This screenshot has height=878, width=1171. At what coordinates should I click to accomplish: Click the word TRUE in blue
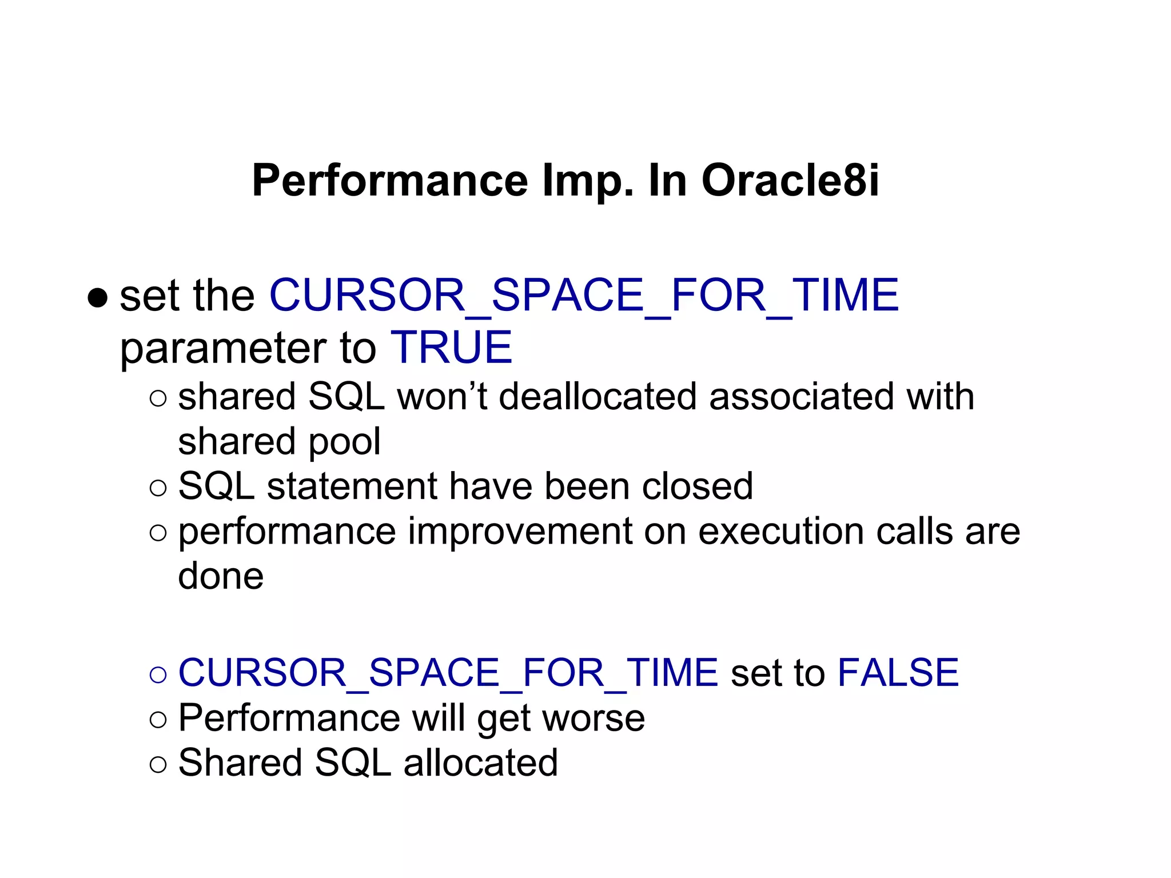pos(451,348)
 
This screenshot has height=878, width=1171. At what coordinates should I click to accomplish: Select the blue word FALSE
pos(898,672)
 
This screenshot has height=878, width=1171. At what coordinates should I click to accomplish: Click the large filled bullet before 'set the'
pos(98,298)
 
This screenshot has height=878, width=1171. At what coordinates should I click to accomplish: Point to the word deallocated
pos(597,397)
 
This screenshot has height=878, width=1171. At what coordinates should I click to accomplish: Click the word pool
pos(345,442)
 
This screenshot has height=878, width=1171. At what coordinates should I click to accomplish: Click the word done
pos(221,576)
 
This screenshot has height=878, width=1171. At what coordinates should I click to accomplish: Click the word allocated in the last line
pos(480,763)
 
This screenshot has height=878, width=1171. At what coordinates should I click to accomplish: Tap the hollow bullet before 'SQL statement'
pos(158,488)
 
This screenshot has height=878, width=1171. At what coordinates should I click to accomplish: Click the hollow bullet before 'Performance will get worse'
pos(158,720)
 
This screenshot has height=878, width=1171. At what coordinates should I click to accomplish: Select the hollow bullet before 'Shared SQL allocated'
pos(158,764)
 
